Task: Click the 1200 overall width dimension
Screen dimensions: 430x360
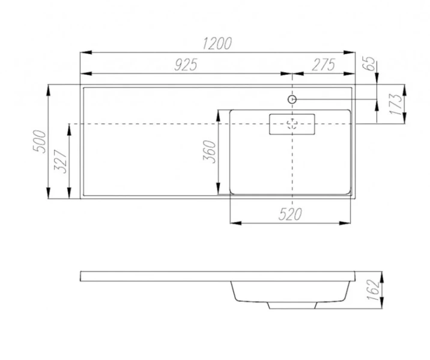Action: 217,44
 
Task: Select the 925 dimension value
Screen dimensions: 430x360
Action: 186,65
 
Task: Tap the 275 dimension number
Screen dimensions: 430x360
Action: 324,65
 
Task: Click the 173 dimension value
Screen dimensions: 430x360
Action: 396,104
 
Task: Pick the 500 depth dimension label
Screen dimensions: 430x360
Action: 39,142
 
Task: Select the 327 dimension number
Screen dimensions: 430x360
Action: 60,161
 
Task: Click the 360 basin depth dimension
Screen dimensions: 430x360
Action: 209,152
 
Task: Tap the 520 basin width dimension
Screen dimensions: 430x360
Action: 290,214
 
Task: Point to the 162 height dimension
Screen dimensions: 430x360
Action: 374,290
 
